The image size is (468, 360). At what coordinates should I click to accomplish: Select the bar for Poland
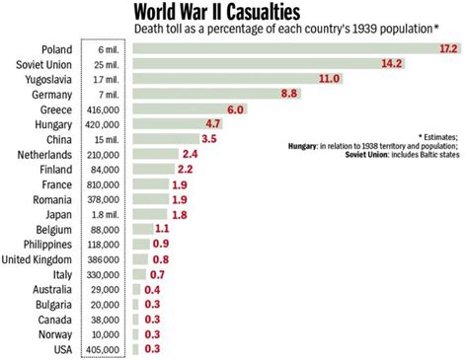296,48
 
